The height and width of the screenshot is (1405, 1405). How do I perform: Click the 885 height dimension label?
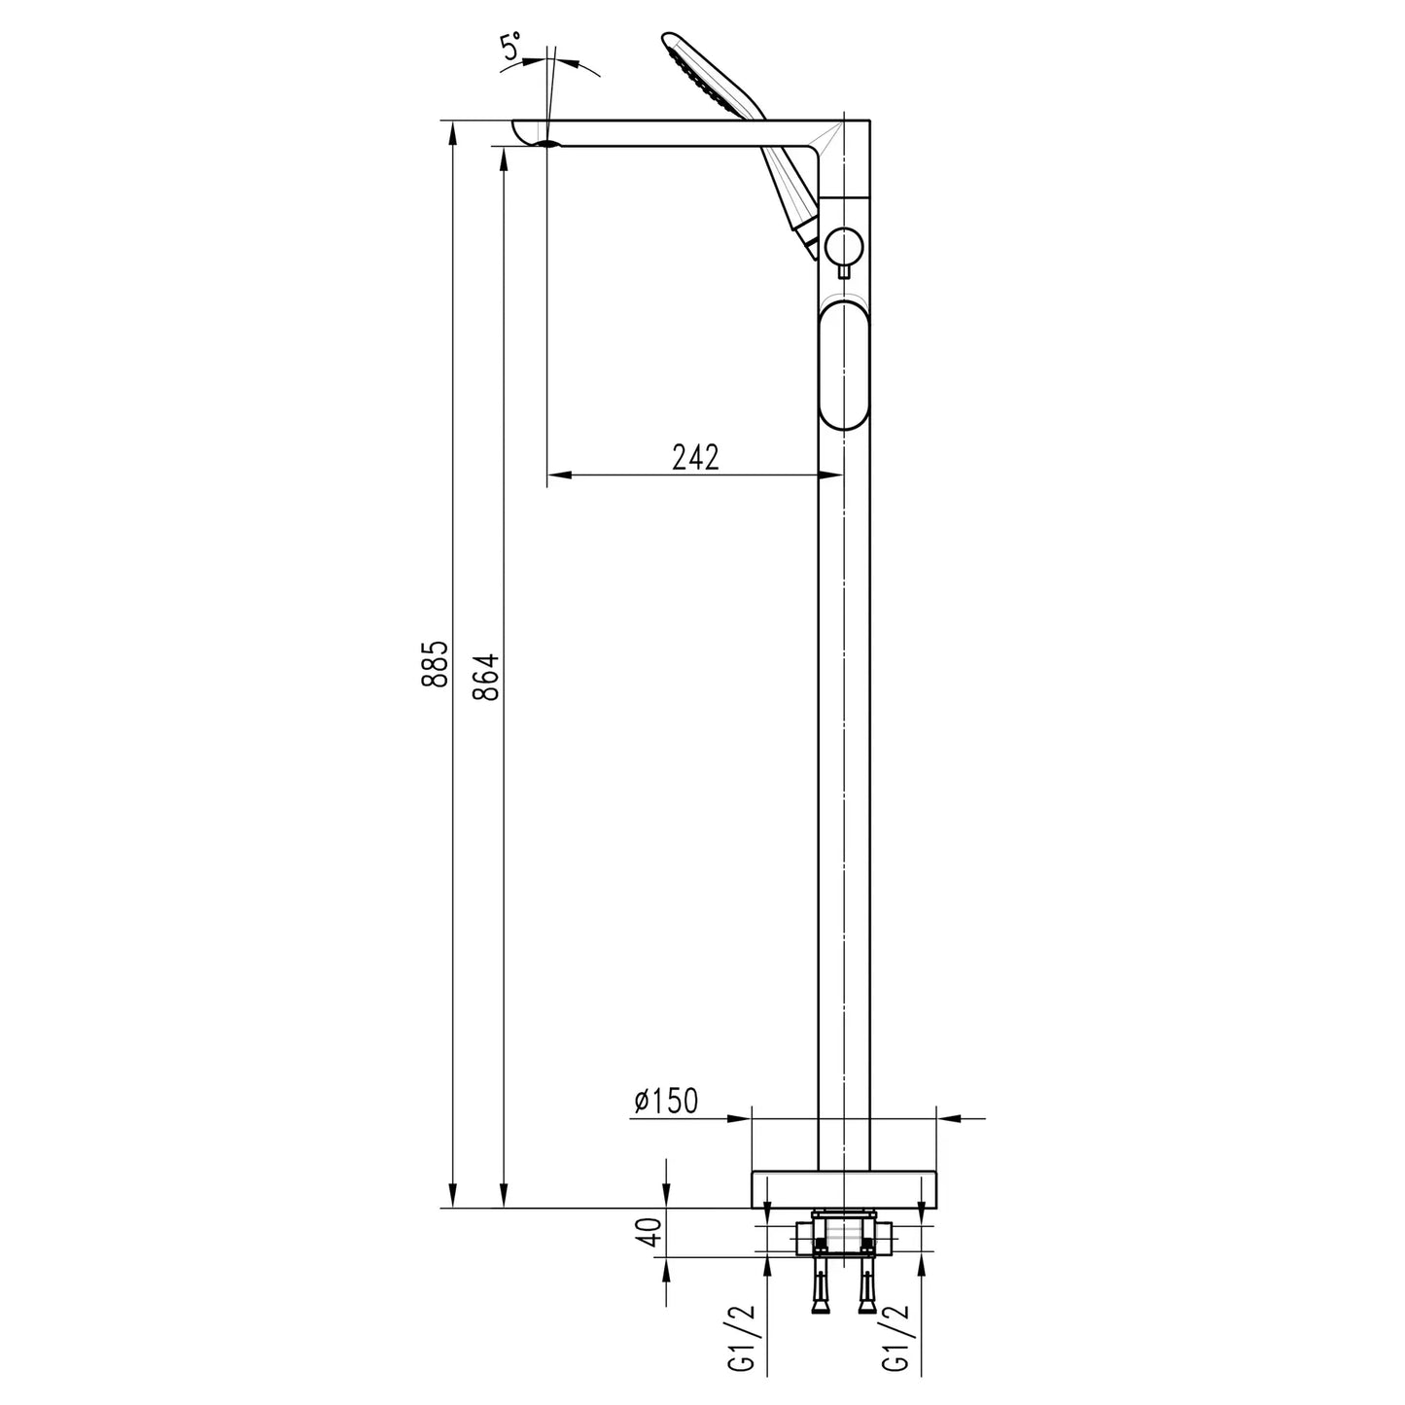[x=435, y=664]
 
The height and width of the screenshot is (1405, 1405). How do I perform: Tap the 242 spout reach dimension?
[x=695, y=457]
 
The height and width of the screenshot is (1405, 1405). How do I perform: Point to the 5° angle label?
[x=511, y=50]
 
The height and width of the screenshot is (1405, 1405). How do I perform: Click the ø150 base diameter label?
[x=666, y=1101]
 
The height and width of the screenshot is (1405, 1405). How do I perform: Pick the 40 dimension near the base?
[x=652, y=1232]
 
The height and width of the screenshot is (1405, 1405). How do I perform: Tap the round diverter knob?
[x=842, y=247]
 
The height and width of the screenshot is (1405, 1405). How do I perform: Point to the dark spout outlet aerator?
[x=546, y=144]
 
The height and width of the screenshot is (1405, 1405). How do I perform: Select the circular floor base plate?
[x=845, y=1188]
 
